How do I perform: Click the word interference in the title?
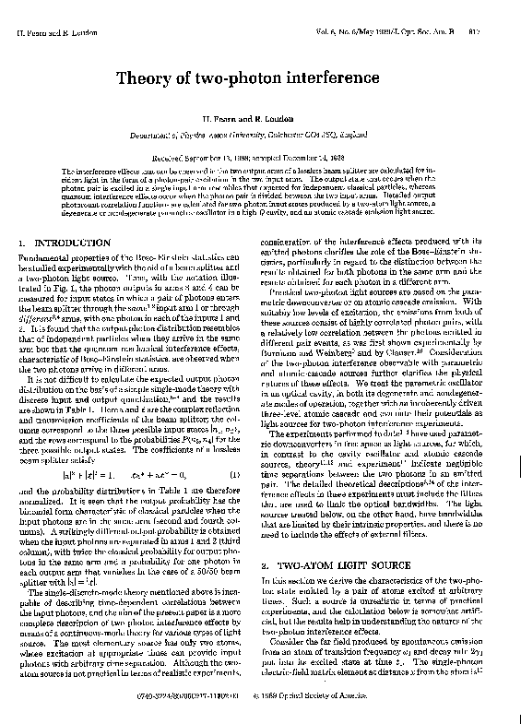[337, 76]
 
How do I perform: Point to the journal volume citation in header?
[406, 32]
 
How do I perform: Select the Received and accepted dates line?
[261, 159]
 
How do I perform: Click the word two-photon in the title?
[237, 76]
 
